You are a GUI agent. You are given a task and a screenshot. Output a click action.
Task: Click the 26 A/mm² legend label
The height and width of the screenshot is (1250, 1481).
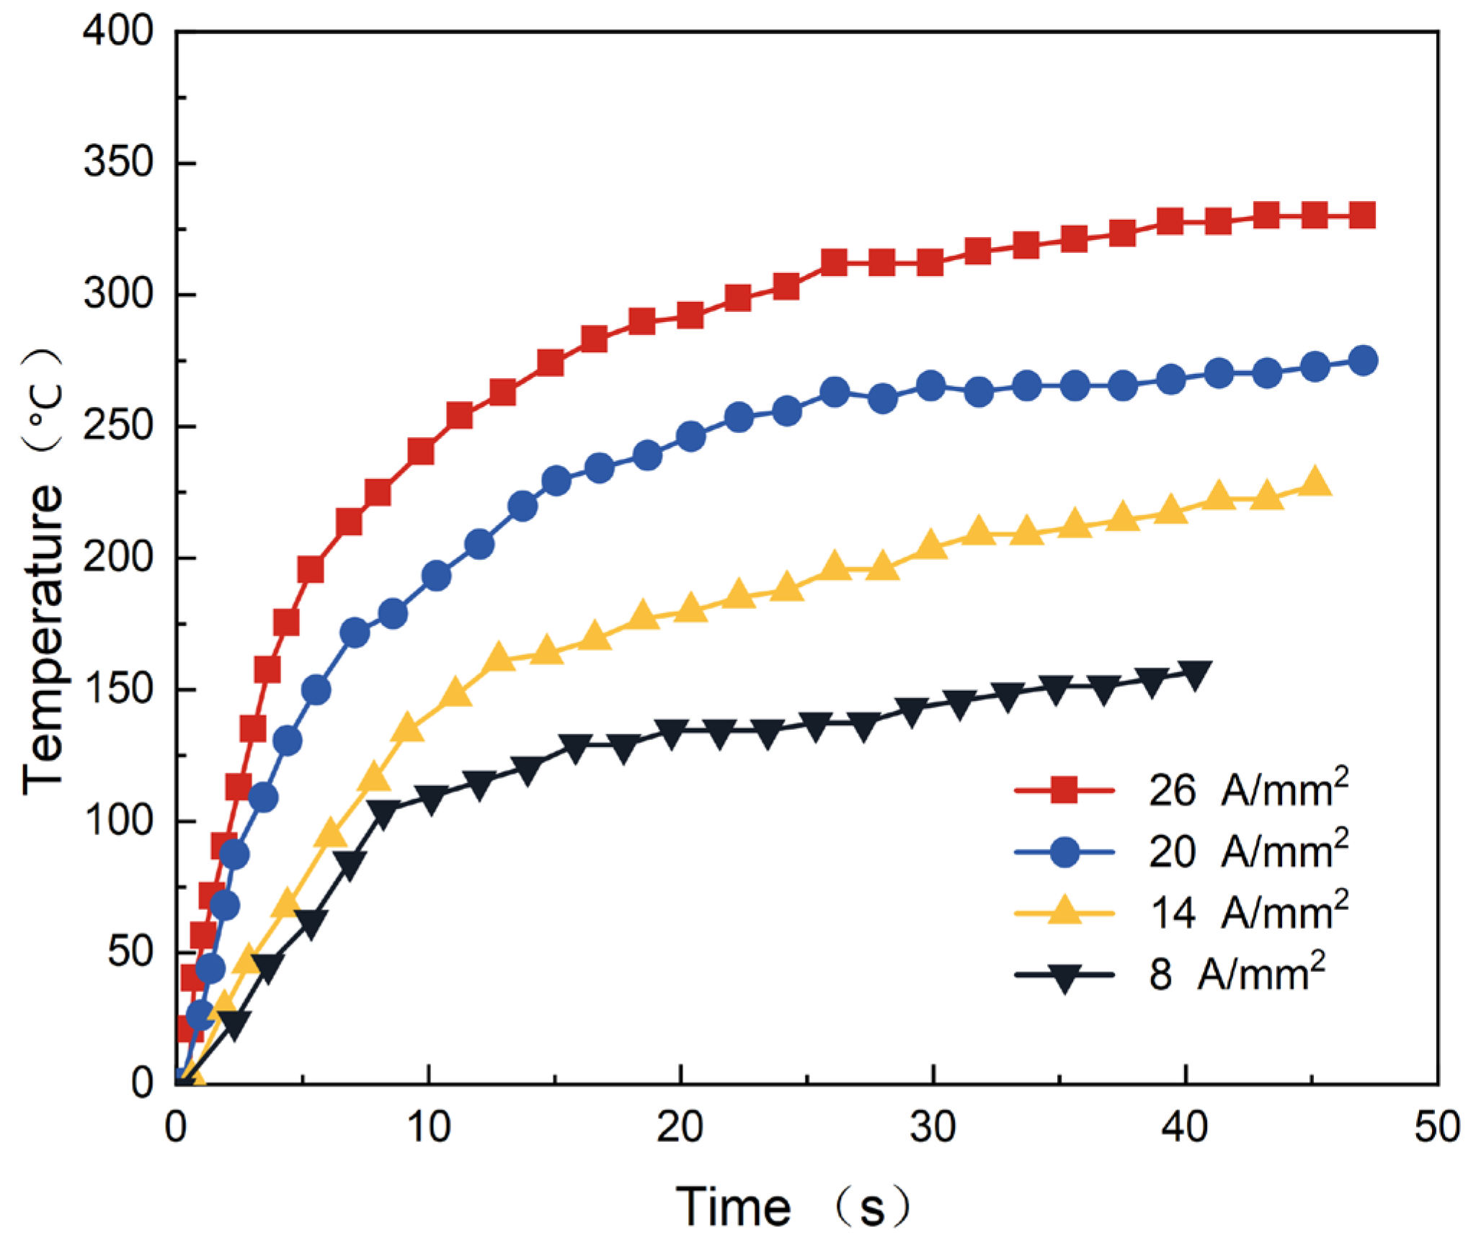pyautogui.click(x=1247, y=790)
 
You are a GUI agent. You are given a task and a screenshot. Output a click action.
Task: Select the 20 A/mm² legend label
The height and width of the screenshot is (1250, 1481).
pyautogui.click(x=1247, y=851)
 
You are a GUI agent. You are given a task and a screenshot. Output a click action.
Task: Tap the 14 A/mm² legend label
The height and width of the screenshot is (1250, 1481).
pyautogui.click(x=1247, y=912)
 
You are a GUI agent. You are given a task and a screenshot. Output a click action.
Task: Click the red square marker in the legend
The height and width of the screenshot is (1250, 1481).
pyautogui.click(x=1064, y=790)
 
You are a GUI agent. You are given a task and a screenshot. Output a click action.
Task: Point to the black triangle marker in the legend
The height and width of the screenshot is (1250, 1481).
pyautogui.click(x=1064, y=978)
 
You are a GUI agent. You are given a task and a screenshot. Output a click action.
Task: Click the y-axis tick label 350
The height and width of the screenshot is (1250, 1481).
pyautogui.click(x=118, y=162)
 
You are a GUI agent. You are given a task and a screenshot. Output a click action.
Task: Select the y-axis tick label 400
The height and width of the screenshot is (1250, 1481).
pyautogui.click(x=118, y=32)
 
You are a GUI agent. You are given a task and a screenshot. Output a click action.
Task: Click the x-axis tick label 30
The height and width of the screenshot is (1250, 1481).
pyautogui.click(x=933, y=1127)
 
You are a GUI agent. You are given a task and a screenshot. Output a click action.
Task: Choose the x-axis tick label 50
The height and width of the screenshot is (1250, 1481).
pyautogui.click(x=1437, y=1127)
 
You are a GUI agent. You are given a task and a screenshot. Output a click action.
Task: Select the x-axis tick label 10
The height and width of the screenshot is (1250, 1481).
pyautogui.click(x=429, y=1127)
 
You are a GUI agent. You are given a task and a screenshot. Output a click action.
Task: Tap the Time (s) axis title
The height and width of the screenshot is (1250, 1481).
pyautogui.click(x=793, y=1207)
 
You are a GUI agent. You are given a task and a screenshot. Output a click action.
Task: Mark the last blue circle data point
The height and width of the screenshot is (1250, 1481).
pyautogui.click(x=1363, y=360)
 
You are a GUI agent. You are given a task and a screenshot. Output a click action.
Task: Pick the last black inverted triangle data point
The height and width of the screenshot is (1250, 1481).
pyautogui.click(x=1194, y=674)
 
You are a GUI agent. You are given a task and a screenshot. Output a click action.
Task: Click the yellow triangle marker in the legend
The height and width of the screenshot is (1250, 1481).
pyautogui.click(x=1064, y=911)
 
